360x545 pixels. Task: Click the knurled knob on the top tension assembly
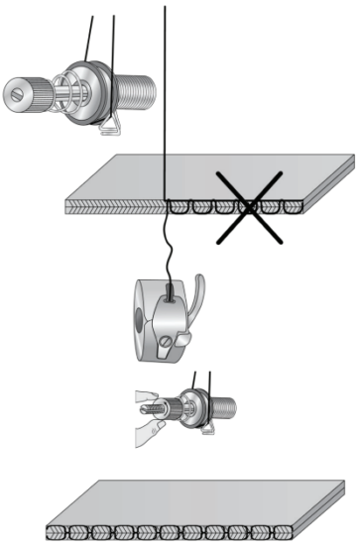(x=36, y=91)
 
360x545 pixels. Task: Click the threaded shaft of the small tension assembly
(x=224, y=406)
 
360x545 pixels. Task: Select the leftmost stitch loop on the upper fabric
(x=180, y=208)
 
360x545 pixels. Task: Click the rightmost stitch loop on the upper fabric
(x=294, y=208)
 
